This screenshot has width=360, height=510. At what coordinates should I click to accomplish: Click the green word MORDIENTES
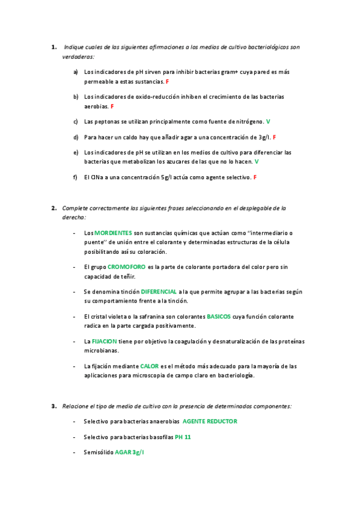114,232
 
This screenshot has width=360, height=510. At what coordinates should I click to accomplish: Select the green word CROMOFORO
127,266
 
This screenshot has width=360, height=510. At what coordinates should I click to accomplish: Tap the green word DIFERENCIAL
159,291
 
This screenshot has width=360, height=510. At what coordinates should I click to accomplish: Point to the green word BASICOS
219,316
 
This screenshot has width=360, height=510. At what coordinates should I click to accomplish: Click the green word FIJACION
103,341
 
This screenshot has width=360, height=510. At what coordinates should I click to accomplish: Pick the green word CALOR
150,366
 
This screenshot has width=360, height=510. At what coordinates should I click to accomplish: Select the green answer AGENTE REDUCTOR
210,422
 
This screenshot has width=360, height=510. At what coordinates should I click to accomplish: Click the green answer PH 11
183,437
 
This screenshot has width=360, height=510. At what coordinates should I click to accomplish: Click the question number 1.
53,46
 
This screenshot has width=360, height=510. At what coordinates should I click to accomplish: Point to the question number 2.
53,208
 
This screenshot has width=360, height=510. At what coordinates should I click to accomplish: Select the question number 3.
53,406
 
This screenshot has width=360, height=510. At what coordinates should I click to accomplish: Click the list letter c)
76,121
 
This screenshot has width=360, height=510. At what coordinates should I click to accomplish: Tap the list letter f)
76,177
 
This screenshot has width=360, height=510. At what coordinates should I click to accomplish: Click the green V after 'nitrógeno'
268,121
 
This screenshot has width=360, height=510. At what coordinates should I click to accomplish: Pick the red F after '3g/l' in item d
275,137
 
